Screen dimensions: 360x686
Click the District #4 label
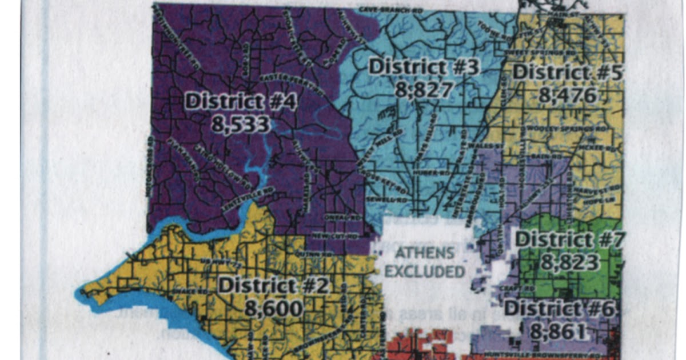point(240,102)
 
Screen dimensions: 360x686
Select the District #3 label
point(423,67)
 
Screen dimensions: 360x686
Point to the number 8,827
point(424,89)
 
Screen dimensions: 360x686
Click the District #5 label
point(567,73)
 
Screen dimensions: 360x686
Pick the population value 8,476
point(567,95)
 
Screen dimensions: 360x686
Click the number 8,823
point(570,262)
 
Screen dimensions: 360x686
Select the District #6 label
point(560,308)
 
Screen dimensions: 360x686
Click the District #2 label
point(274,285)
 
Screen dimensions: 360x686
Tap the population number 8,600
point(274,309)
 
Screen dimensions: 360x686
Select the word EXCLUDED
point(425,271)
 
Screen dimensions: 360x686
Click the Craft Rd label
point(508,289)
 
